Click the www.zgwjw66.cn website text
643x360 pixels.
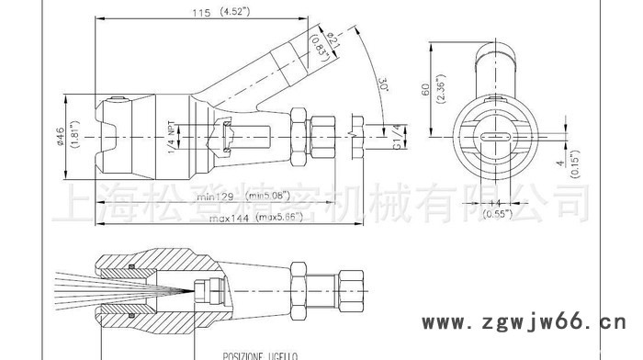pyautogui.click(x=527, y=323)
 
